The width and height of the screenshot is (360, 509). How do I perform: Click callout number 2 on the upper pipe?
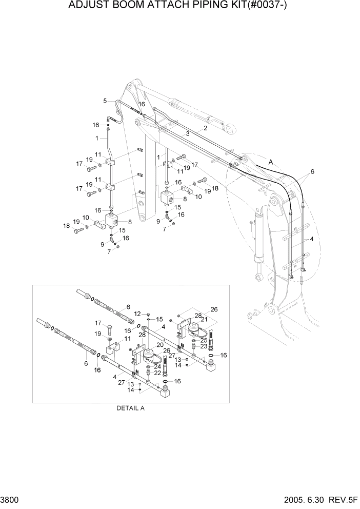coord(205,128)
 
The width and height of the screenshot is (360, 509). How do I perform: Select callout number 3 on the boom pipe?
coord(188,133)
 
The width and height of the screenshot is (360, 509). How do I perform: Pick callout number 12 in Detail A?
coord(137,314)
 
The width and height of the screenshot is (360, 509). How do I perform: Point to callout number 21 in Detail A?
coord(205,319)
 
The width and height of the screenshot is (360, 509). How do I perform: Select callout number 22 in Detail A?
coord(157,373)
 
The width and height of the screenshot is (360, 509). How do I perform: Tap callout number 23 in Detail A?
coord(204,346)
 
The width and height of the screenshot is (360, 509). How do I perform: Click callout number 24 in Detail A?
coord(157,366)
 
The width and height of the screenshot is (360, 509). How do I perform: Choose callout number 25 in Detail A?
coord(204,340)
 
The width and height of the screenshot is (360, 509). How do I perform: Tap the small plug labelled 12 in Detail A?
coord(148,314)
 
